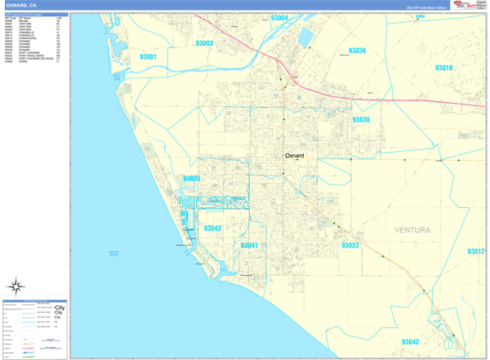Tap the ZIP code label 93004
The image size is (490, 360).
279,18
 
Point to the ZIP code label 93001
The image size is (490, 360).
154,58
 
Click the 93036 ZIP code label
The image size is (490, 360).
357,51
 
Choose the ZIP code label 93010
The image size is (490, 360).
443,69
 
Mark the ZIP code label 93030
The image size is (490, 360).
361,120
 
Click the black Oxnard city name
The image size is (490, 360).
294,156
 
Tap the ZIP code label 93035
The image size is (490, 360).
192,179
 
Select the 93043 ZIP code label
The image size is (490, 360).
212,229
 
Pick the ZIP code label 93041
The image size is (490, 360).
250,245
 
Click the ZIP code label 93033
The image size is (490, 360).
350,245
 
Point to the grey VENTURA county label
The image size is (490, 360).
412,230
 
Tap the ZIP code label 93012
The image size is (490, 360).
475,252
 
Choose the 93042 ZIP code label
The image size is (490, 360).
410,342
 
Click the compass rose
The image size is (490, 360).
15,287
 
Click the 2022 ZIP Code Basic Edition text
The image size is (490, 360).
426,7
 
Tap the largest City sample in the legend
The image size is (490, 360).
60,308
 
